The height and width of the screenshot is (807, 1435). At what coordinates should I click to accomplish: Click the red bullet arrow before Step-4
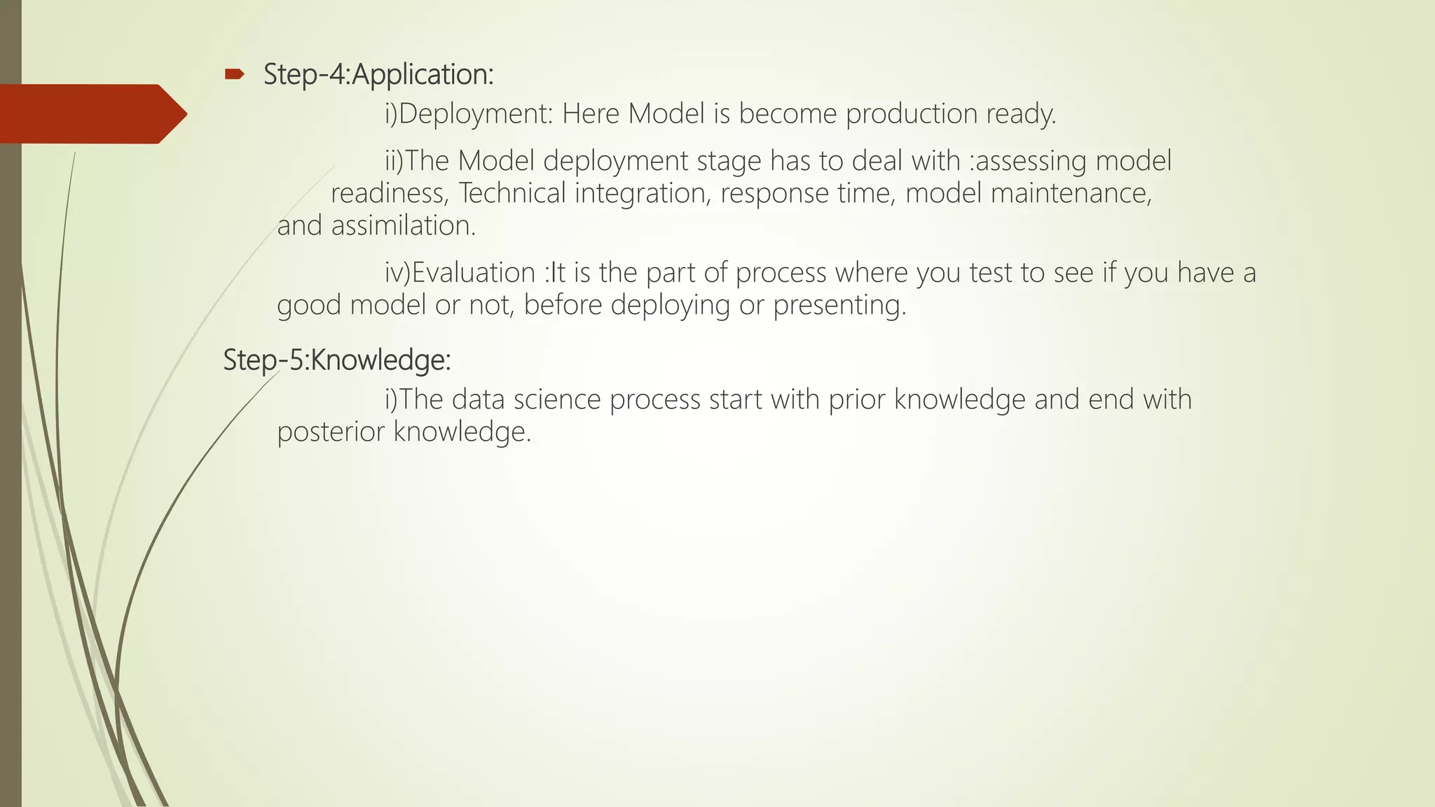click(234, 74)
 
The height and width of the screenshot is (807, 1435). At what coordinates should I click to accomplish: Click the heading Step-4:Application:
click(378, 74)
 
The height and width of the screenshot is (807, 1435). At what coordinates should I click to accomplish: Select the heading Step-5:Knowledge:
click(337, 360)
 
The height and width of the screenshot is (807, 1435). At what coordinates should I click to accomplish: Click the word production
click(911, 114)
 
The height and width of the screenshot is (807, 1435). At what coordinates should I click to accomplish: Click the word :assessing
click(1028, 161)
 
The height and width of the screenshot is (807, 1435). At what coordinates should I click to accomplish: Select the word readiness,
click(390, 193)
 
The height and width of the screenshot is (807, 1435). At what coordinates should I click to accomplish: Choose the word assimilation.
click(403, 226)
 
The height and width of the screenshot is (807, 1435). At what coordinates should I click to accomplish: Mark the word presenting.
click(839, 305)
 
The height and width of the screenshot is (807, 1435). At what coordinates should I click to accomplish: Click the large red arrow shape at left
click(91, 113)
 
